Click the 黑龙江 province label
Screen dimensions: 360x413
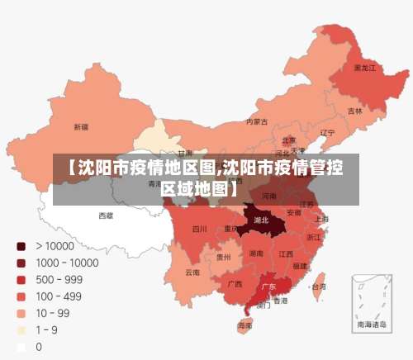(x=365, y=68)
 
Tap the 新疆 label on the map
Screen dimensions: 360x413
(x=81, y=127)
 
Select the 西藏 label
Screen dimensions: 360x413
(x=107, y=215)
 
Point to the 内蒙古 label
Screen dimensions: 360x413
(x=257, y=121)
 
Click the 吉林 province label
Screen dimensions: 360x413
(x=354, y=111)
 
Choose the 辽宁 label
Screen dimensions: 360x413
(x=327, y=132)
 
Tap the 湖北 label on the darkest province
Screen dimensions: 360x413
(x=261, y=220)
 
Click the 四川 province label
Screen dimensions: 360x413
(x=199, y=229)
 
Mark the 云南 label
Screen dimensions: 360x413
(x=192, y=272)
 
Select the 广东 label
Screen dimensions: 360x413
(x=268, y=287)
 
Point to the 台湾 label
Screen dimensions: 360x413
(x=317, y=287)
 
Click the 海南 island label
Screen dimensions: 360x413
(x=244, y=326)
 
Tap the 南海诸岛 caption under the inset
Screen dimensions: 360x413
(x=371, y=325)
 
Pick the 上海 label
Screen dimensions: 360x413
(x=321, y=219)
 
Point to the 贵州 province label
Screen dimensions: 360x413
(x=223, y=257)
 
